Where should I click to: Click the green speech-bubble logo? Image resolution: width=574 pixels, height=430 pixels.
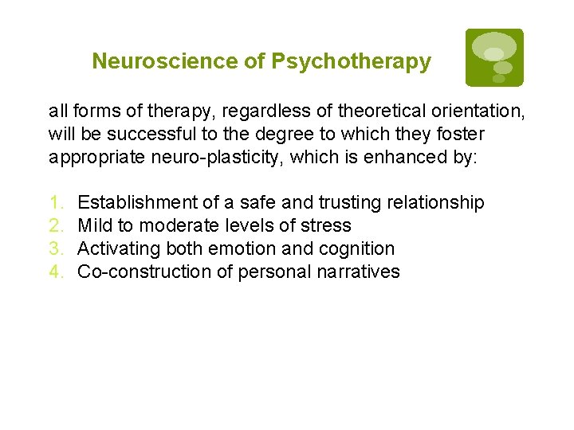pos(494,57)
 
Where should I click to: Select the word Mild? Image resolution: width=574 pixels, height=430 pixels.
pos(95,226)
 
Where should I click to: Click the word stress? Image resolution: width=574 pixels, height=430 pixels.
pos(327,226)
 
